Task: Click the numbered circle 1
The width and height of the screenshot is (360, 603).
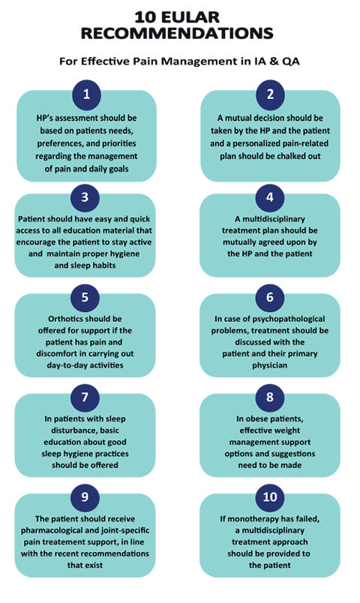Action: pyautogui.click(x=86, y=94)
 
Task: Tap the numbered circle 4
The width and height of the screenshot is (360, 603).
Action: pyautogui.click(x=270, y=197)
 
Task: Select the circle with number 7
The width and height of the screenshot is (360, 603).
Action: pyautogui.click(x=85, y=397)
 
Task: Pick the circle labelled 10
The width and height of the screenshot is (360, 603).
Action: pyautogui.click(x=270, y=496)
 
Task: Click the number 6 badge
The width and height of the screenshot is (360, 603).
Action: pyautogui.click(x=270, y=297)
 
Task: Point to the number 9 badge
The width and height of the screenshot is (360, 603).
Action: pyautogui.click(x=85, y=496)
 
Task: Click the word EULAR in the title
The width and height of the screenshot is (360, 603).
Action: pyautogui.click(x=190, y=17)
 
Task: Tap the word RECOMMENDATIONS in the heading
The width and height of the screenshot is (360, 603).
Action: pyautogui.click(x=177, y=34)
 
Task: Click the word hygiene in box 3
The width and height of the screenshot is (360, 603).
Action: pyautogui.click(x=125, y=253)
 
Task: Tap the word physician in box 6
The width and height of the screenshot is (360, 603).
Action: pyautogui.click(x=270, y=365)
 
